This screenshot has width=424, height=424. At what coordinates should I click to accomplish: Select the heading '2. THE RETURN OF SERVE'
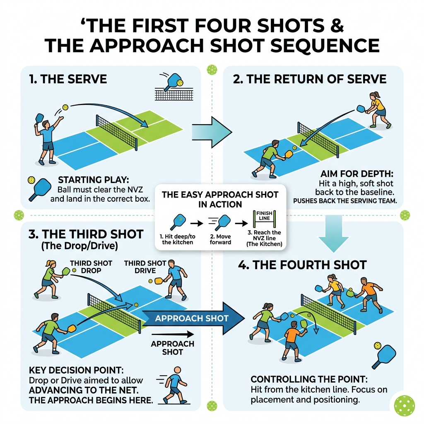point(310,79)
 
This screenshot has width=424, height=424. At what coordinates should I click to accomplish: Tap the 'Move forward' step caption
point(220,238)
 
